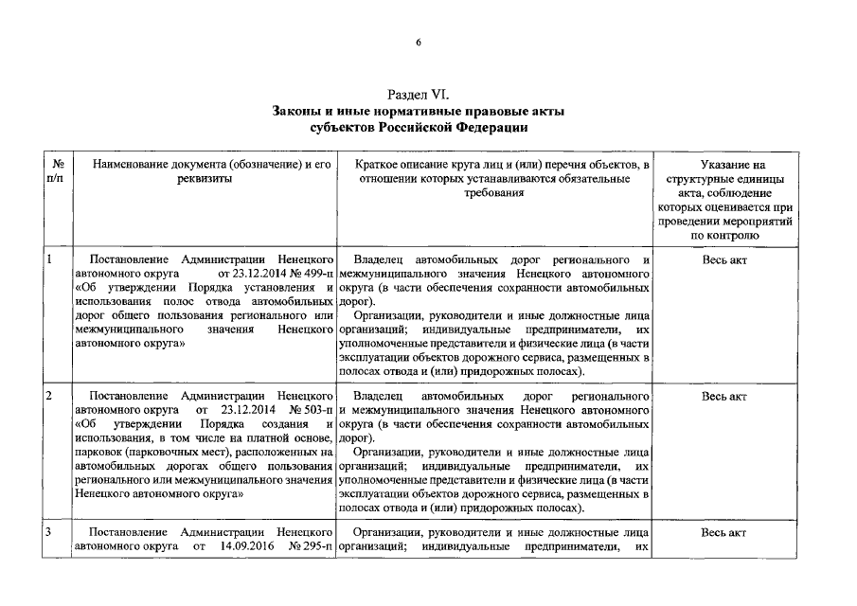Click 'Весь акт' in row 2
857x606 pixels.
coord(724,395)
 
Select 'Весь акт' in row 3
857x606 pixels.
coord(724,533)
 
